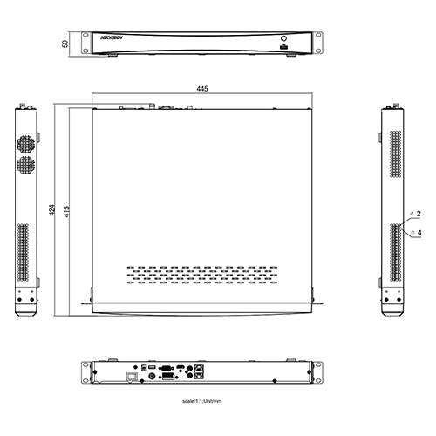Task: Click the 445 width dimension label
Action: click(x=202, y=90)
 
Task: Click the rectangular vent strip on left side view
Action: click(x=24, y=253)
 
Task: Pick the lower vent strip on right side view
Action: click(x=397, y=253)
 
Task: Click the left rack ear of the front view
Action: click(x=86, y=44)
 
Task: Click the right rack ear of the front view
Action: click(x=318, y=44)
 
